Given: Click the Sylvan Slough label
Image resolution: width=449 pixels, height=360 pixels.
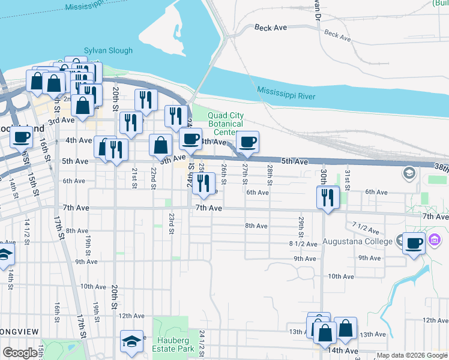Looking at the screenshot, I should coord(108,52).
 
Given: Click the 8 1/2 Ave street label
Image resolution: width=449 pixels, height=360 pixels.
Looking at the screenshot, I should coord(303,244).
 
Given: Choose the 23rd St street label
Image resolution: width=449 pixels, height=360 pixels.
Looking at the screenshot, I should coord(171,223).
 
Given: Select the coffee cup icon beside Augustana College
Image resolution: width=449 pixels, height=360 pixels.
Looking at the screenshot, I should coord(414,244).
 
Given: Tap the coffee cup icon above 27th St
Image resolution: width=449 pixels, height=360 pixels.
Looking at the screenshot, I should coord(247,142).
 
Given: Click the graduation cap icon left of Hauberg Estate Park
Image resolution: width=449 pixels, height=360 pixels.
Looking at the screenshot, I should coord(132,341).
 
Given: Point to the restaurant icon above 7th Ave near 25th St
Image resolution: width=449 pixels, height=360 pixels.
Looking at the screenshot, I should coord(203,184).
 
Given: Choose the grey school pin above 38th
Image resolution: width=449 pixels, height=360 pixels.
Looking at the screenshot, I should coord(409,173).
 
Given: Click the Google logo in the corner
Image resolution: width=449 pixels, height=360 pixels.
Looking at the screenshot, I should coord(20,353).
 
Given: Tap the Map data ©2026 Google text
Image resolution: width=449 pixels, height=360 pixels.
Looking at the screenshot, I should coord(412,356).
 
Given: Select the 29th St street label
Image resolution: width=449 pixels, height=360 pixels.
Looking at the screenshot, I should coord(301,226).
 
